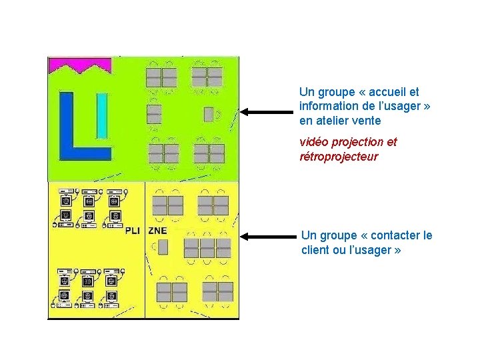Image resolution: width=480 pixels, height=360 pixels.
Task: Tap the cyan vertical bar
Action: tap(102, 115)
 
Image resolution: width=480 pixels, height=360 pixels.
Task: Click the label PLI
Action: tap(133, 231)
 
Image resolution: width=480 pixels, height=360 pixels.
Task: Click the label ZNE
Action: tap(158, 231)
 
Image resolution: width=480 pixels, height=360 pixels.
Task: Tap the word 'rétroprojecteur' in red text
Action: tap(339, 157)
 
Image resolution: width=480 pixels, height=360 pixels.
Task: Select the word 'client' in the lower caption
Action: tap(315, 250)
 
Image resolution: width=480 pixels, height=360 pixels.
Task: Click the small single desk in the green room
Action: tap(208, 114)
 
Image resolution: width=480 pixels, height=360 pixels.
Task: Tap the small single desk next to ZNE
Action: tap(163, 248)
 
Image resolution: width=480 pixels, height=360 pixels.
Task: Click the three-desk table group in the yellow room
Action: tap(207, 248)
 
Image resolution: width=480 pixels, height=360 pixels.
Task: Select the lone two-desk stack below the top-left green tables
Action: tap(154, 114)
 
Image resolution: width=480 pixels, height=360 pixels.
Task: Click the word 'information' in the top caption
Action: tap(331, 107)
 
